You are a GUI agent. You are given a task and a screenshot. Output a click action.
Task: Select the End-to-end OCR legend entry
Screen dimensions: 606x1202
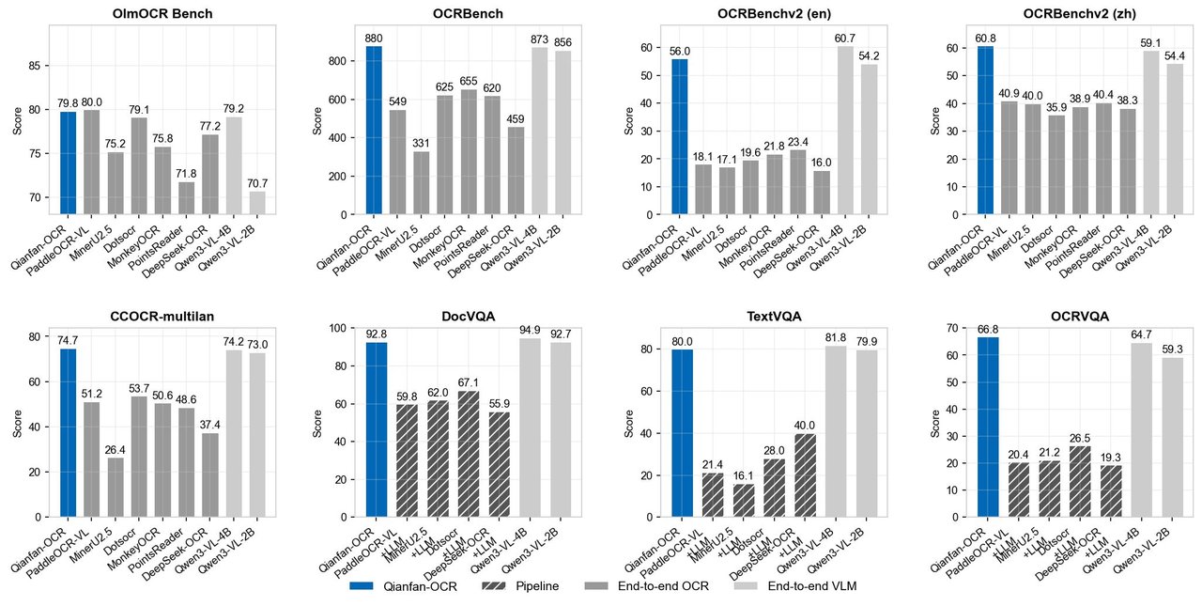click(647, 586)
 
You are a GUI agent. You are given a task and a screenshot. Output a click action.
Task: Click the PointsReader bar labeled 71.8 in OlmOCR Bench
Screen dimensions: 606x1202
click(188, 198)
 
